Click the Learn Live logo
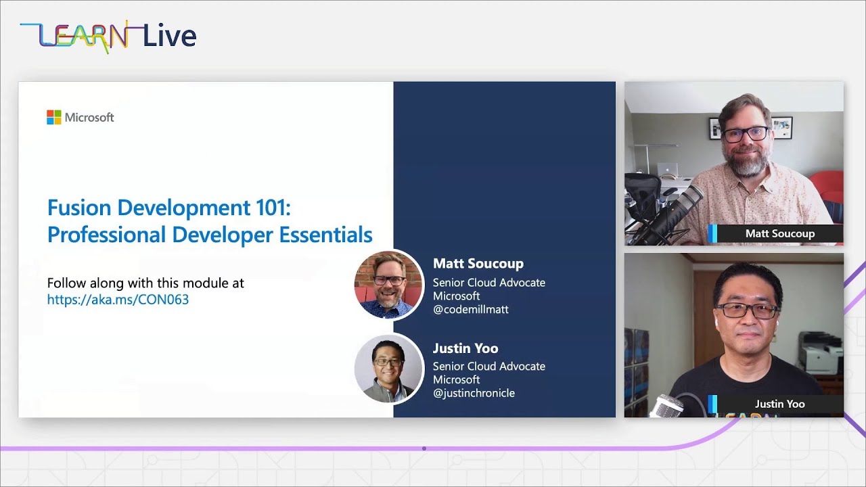pyautogui.click(x=108, y=37)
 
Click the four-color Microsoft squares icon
pyautogui.click(x=54, y=118)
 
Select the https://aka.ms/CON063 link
pyautogui.click(x=118, y=300)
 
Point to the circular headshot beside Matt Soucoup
pyautogui.click(x=389, y=284)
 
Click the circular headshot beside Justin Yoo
pyautogui.click(x=389, y=369)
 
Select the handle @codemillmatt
pyautogui.click(x=470, y=310)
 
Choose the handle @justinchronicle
pyautogui.click(x=474, y=393)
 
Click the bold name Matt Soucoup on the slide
pyautogui.click(x=478, y=264)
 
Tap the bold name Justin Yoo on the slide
pyautogui.click(x=465, y=348)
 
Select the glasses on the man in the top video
pyautogui.click(x=745, y=134)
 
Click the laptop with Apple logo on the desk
pyautogui.click(x=667, y=170)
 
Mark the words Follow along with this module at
pyautogui.click(x=145, y=283)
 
